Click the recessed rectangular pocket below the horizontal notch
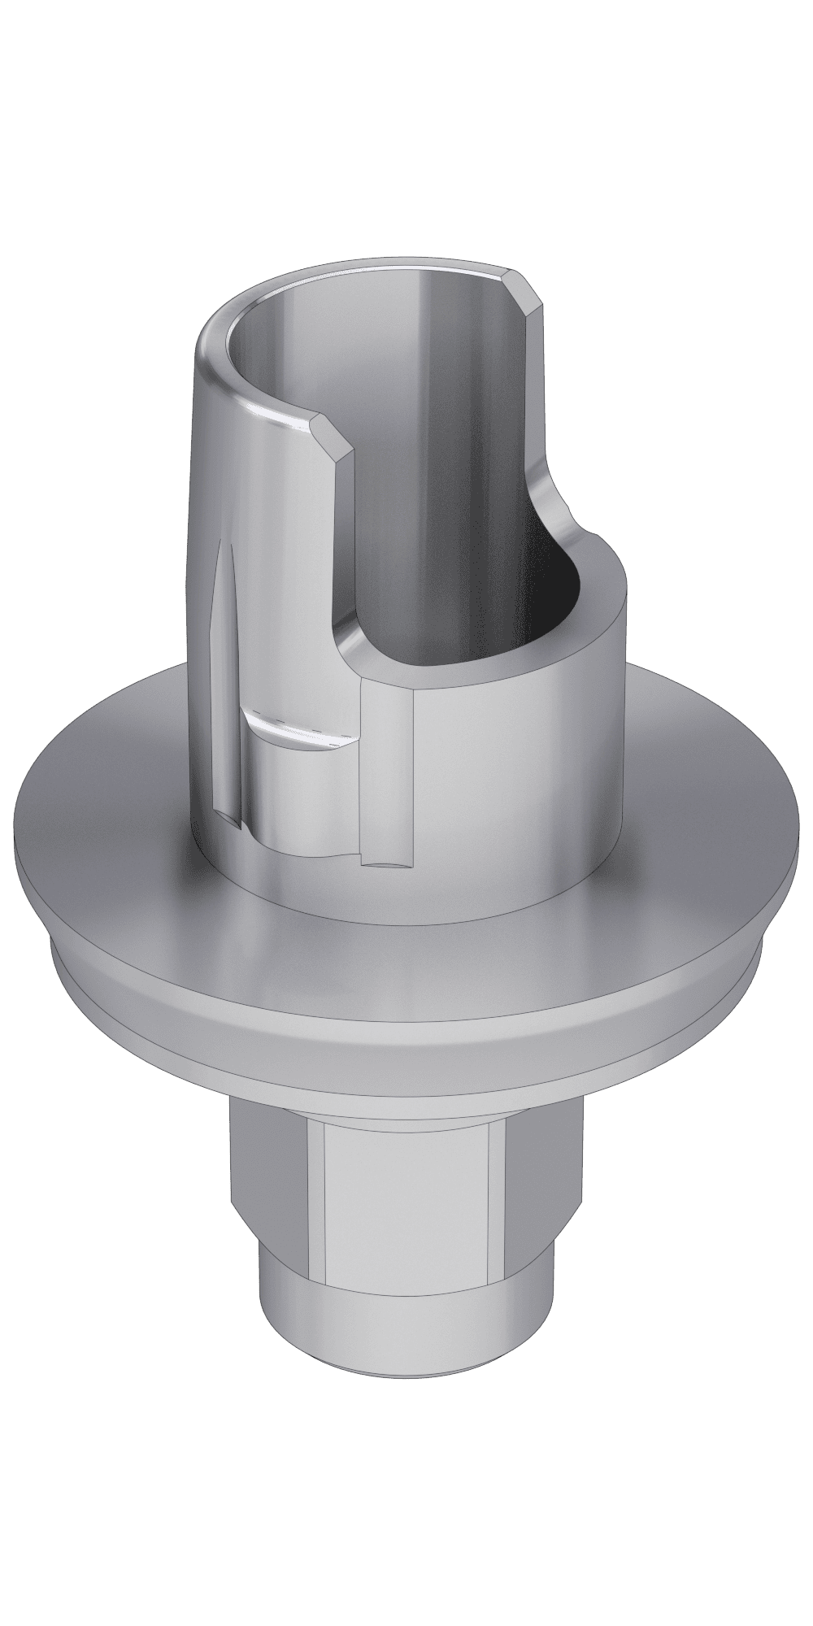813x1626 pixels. pos(301,797)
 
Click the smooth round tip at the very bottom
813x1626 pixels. pos(406,1333)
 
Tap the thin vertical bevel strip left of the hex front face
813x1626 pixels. pos(317,1187)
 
